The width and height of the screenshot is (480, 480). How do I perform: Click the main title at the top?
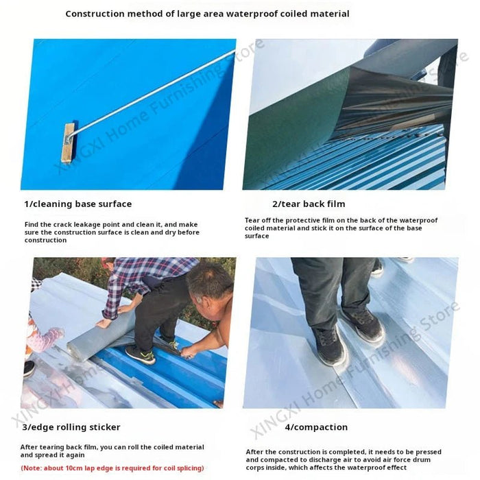[207, 14]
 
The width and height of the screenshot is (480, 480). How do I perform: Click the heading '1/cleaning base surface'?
[77, 204]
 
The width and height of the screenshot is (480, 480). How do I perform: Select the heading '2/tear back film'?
[309, 204]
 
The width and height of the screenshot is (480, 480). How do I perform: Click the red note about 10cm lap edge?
[112, 468]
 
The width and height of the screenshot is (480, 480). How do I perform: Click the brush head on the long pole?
[68, 142]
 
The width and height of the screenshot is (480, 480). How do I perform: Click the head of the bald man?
[209, 281]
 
